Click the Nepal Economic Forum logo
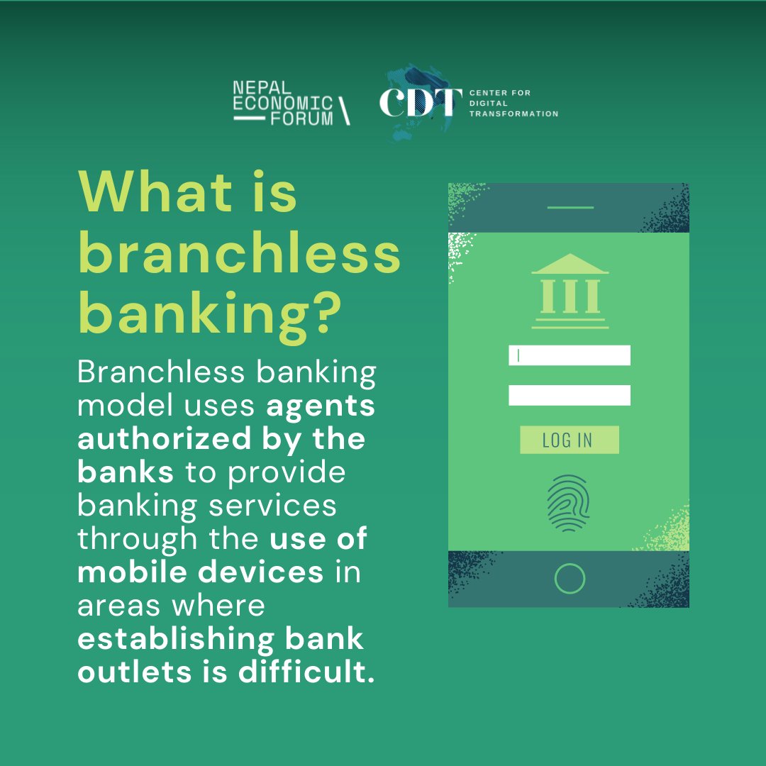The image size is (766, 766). pyautogui.click(x=291, y=104)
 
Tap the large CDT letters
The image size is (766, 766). pyautogui.click(x=416, y=103)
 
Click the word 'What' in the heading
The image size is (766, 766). pyautogui.click(x=155, y=193)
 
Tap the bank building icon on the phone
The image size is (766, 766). pyautogui.click(x=570, y=292)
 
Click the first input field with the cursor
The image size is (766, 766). pyautogui.click(x=569, y=355)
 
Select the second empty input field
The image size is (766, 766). pyautogui.click(x=569, y=395)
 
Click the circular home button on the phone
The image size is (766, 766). pyautogui.click(x=570, y=579)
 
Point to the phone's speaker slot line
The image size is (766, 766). pyautogui.click(x=570, y=208)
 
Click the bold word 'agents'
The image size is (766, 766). pyautogui.click(x=321, y=407)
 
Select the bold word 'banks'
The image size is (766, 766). pyautogui.click(x=125, y=472)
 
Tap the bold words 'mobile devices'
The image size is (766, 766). pyautogui.click(x=200, y=572)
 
